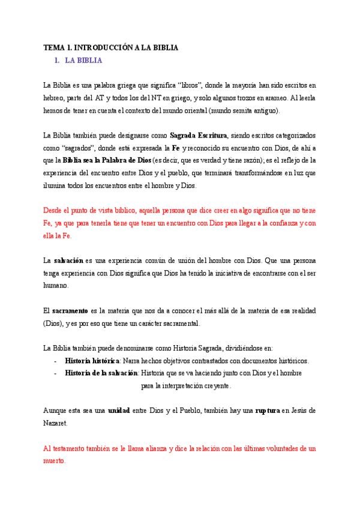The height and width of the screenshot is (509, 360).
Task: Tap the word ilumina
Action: click(56, 185)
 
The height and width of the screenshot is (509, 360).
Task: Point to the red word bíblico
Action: click(125, 211)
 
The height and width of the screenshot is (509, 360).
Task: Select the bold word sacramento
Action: click(69, 310)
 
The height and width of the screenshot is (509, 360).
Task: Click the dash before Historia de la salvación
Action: click(55, 373)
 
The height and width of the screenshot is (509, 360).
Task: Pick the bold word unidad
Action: click(119, 411)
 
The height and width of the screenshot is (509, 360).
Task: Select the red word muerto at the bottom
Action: click(55, 460)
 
